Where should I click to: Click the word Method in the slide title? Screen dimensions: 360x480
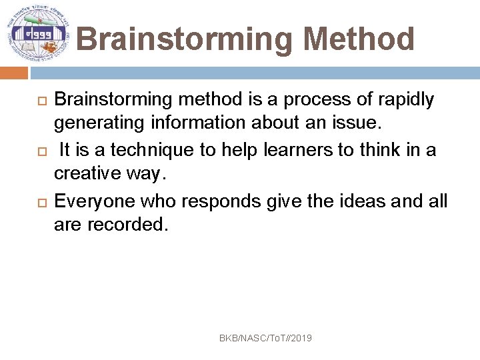point(359,39)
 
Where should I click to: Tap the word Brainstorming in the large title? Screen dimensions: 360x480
point(184,39)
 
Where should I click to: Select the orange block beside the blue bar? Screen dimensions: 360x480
point(14,73)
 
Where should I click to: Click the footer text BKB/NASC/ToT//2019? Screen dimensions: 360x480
point(265,339)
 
